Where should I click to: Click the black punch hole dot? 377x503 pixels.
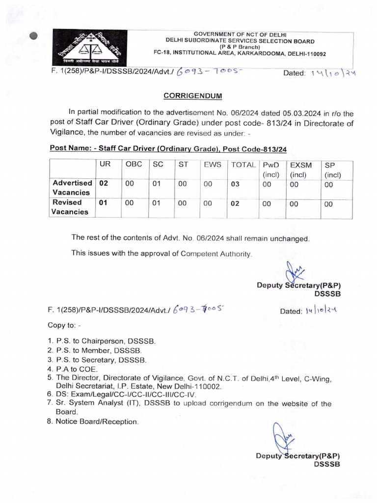coord(33,36)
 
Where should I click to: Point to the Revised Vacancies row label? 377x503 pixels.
coord(70,207)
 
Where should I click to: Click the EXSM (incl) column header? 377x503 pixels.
coord(301,169)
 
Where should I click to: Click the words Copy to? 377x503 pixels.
coord(63,325)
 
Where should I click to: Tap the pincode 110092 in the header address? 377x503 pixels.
coord(313,54)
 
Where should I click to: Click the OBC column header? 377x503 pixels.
coord(134,166)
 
